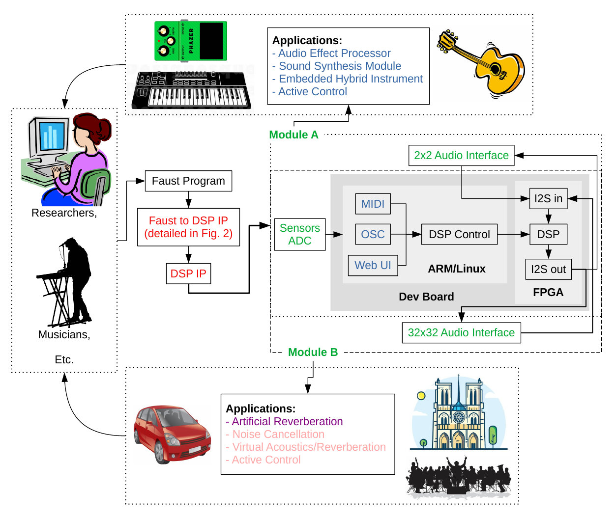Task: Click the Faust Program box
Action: click(x=188, y=181)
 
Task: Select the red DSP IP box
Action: click(x=188, y=274)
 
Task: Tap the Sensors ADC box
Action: click(x=300, y=235)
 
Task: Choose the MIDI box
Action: click(x=373, y=204)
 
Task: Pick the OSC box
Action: click(x=373, y=235)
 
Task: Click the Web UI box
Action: click(x=373, y=266)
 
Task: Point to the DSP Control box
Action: click(x=459, y=235)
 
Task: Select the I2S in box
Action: click(x=548, y=199)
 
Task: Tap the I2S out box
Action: click(x=548, y=270)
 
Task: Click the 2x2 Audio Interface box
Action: click(x=461, y=156)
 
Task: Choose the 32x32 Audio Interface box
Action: click(x=461, y=333)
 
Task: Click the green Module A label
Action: click(x=293, y=135)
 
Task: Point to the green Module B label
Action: click(x=313, y=353)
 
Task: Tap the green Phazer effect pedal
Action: click(x=191, y=41)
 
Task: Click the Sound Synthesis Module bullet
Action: click(x=339, y=66)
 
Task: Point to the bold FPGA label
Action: click(x=548, y=293)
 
